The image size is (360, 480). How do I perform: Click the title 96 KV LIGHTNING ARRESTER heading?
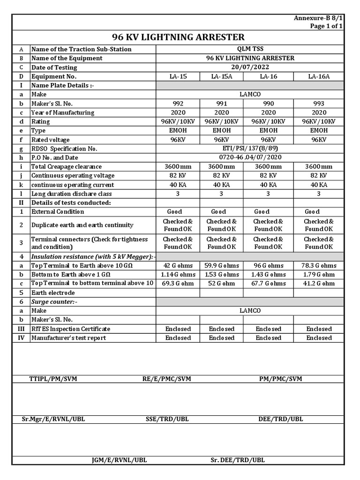coord(178,37)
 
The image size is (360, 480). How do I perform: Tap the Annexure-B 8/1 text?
coord(318,18)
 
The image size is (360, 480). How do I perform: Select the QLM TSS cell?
coord(250,49)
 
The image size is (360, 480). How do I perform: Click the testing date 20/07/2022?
coord(250,67)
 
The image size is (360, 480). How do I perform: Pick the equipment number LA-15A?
coord(222,76)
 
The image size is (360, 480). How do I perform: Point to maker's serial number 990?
coord(268,104)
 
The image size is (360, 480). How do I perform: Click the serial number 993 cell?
coord(319,104)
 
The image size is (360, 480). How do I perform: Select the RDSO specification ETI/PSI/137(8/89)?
coord(250,149)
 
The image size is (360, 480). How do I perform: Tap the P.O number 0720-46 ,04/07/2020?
coord(250,157)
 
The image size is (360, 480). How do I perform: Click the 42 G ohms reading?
coord(178,266)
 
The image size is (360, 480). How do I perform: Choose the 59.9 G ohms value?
coord(222,266)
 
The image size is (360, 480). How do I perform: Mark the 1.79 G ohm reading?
coord(319,275)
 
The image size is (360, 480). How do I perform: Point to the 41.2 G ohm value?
coord(319,284)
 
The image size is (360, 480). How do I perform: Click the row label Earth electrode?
coord(53,293)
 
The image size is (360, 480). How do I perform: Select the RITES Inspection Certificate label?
coord(71,329)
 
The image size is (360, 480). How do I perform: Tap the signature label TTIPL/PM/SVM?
coord(53,379)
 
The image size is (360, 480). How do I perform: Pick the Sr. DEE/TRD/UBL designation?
coord(238,460)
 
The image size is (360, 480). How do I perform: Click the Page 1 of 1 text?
coord(326,26)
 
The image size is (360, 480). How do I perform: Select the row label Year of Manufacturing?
coord(62,112)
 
